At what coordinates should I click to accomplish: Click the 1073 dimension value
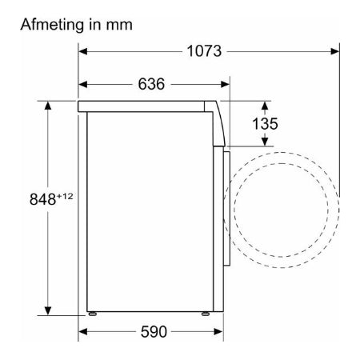[x=204, y=51]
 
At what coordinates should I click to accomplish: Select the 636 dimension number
[x=151, y=84]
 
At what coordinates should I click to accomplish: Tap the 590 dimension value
[x=154, y=332]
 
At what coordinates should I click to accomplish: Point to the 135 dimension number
[x=265, y=124]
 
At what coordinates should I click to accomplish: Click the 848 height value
[x=42, y=199]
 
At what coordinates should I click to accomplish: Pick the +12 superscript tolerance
[x=65, y=196]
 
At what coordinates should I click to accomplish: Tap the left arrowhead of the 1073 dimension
[x=83, y=51]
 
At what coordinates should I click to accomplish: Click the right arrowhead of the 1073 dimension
[x=335, y=51]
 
